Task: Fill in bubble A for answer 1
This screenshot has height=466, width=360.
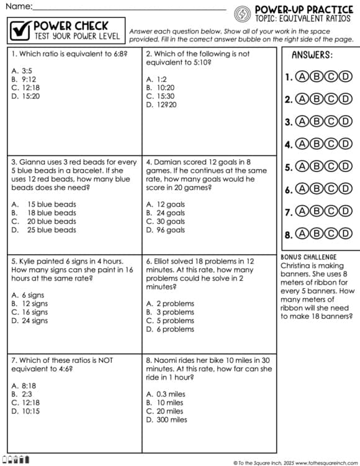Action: coord(302,77)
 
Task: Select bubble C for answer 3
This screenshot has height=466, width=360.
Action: coord(331,122)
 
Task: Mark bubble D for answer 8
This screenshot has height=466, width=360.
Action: coord(345,234)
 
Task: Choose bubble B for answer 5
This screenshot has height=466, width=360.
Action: coord(316,167)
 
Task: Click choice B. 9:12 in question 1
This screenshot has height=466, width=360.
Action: coord(24,80)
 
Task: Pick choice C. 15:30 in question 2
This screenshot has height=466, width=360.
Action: coord(160,96)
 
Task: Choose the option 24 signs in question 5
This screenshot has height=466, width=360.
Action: coord(30,321)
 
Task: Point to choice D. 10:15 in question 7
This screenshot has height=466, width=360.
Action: coord(25,411)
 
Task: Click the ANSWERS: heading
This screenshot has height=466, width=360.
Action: coord(312,55)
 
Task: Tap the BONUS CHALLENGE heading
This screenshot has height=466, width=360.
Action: coord(308,257)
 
